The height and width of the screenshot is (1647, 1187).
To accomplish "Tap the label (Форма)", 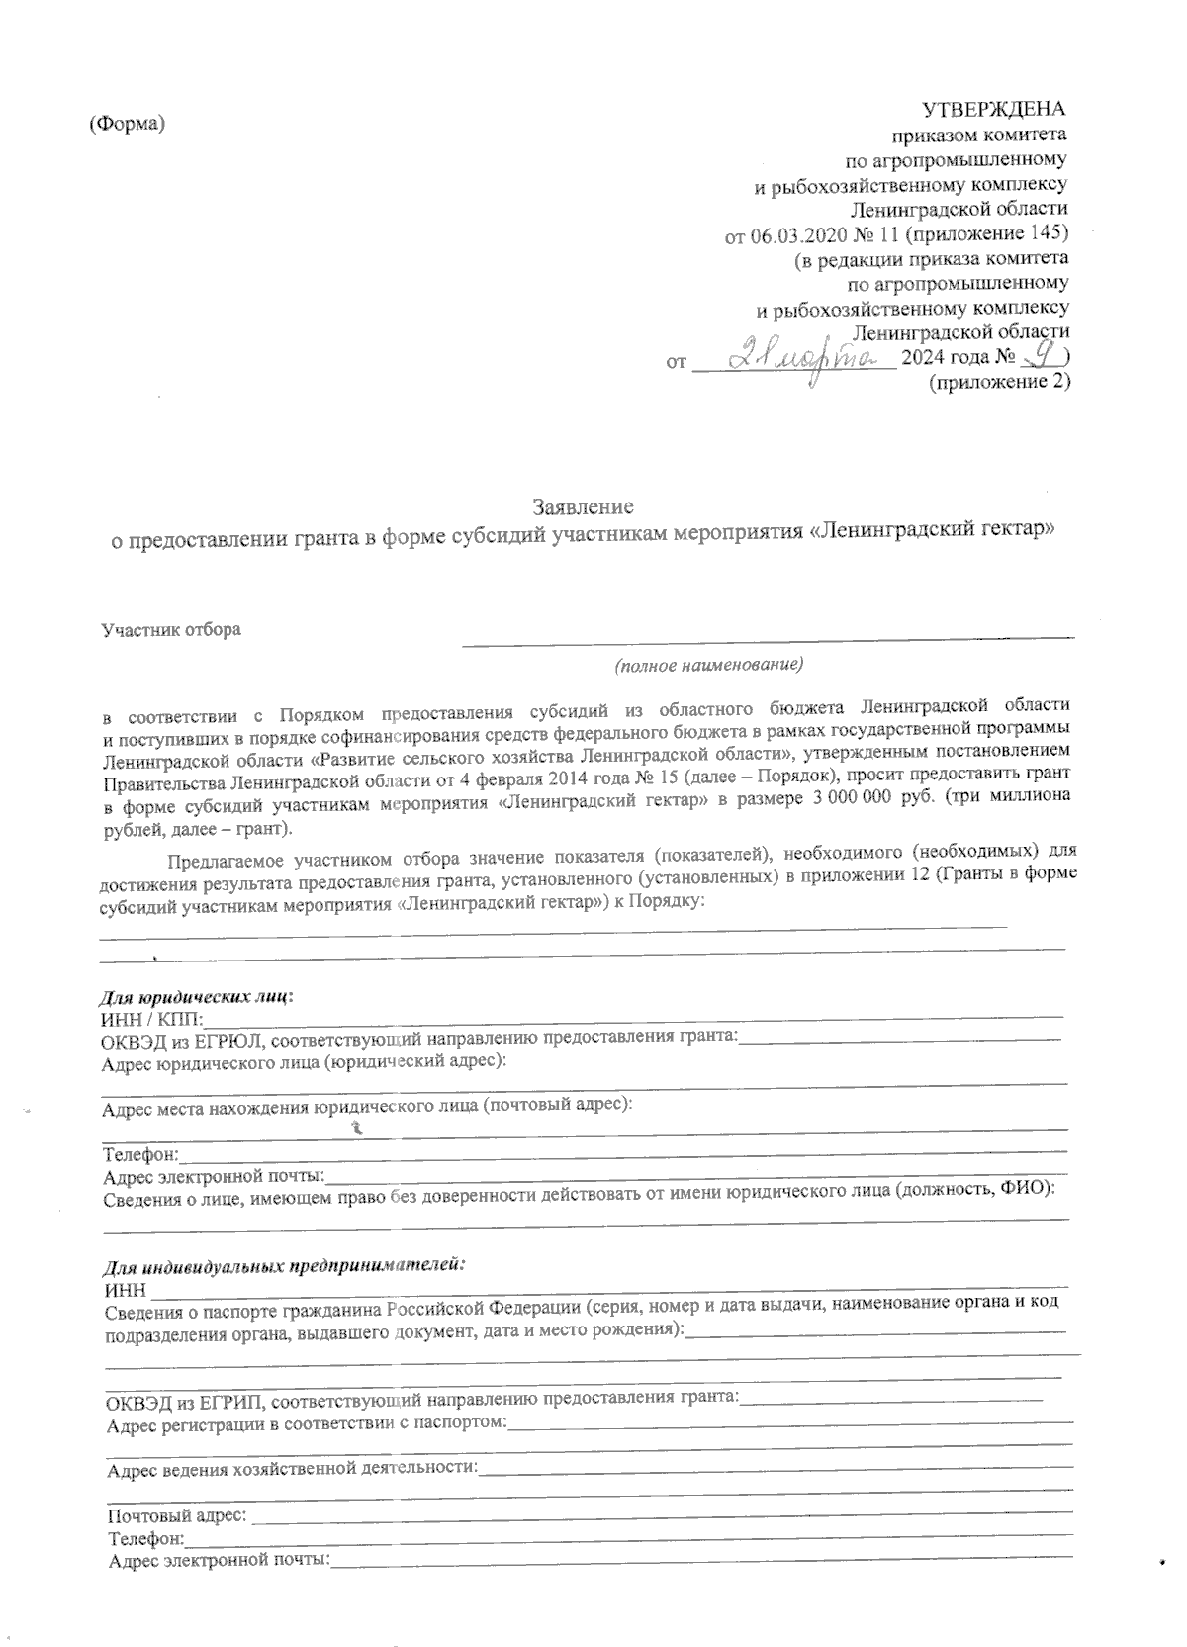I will pyautogui.click(x=127, y=123).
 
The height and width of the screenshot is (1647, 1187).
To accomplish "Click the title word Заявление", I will pyautogui.click(x=583, y=506).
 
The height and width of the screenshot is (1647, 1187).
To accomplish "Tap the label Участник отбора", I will pyautogui.click(x=172, y=629).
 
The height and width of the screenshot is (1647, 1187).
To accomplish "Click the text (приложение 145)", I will pyautogui.click(x=988, y=235).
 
